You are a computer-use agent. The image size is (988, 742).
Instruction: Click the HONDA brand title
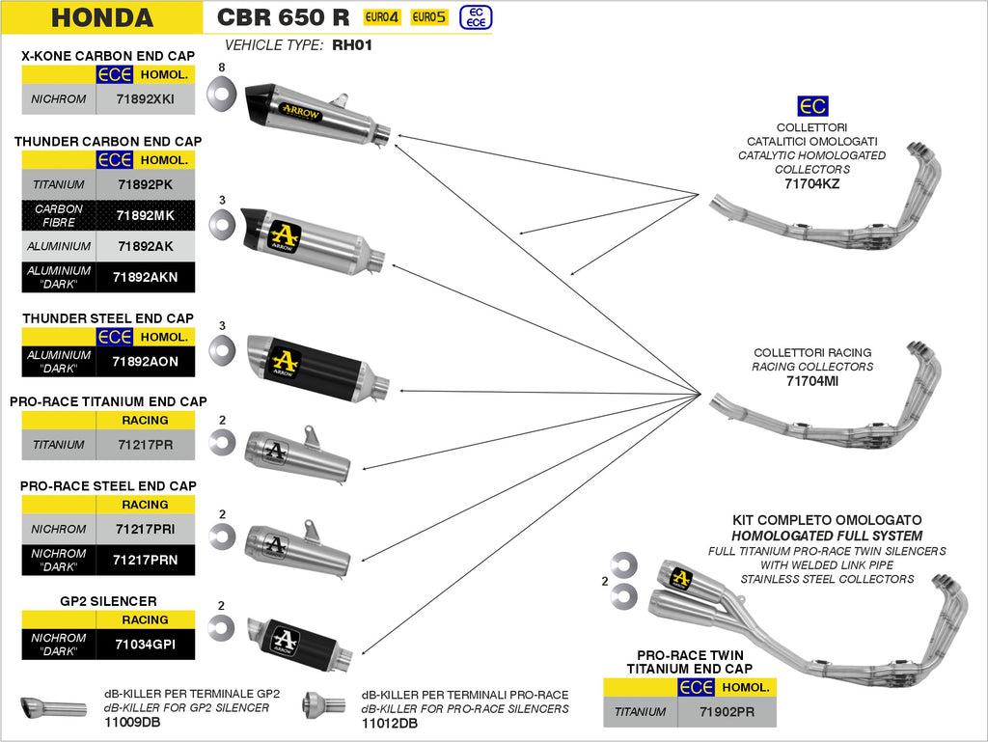point(101,17)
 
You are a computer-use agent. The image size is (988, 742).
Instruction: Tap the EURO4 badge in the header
point(382,16)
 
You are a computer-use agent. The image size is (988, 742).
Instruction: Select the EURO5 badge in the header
point(429,16)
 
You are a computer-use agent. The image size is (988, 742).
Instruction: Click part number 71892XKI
point(146,98)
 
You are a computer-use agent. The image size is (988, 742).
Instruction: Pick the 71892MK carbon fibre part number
point(146,215)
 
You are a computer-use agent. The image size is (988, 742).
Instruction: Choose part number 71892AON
point(146,362)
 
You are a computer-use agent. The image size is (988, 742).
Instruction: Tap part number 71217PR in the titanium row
point(146,445)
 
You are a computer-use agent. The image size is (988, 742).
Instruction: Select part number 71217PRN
point(146,560)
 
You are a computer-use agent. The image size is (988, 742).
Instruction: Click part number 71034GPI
point(146,644)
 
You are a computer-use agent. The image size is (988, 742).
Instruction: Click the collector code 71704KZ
point(812,183)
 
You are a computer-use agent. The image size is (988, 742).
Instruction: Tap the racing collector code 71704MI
point(812,381)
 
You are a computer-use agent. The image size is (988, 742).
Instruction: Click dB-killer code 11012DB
point(389,723)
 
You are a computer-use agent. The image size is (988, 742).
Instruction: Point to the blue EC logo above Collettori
point(812,107)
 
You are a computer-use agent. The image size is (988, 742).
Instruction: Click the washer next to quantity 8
point(222,93)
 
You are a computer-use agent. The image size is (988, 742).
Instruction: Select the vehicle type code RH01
point(351,44)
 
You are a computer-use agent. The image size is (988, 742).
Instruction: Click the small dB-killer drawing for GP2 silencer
point(52,707)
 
